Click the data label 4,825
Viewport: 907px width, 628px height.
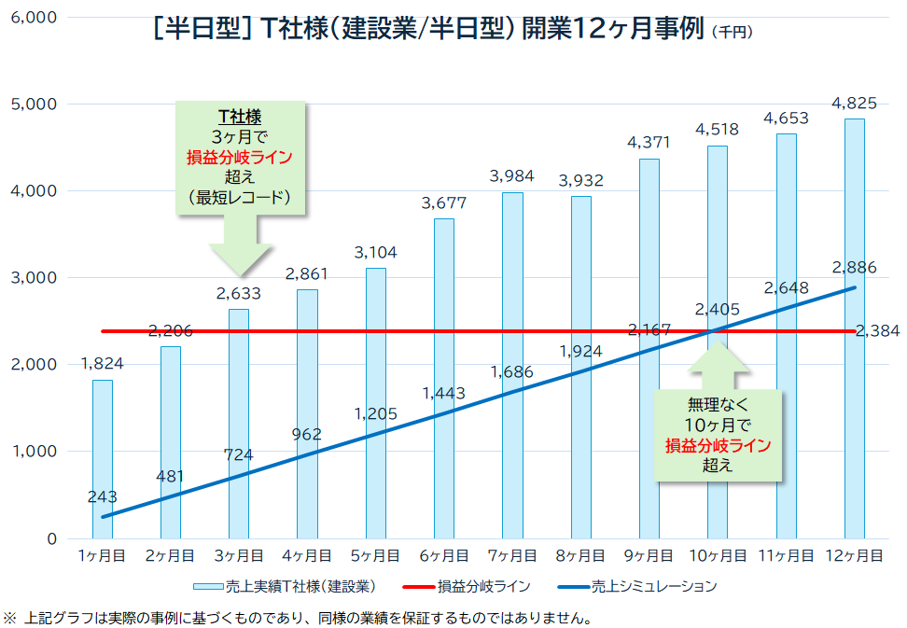[x=854, y=103]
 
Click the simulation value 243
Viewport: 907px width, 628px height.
[x=102, y=496]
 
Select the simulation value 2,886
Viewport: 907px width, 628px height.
[x=854, y=268]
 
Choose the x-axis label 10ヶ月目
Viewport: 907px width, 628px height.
[x=718, y=555]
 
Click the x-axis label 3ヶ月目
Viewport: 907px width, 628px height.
[x=239, y=555]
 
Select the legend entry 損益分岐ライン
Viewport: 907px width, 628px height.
[x=484, y=587]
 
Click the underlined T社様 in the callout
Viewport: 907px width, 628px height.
[x=240, y=117]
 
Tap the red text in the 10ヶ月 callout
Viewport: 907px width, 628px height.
[x=718, y=445]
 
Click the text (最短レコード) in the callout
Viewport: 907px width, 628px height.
[x=240, y=197]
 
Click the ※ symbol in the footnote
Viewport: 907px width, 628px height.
[x=10, y=618]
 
